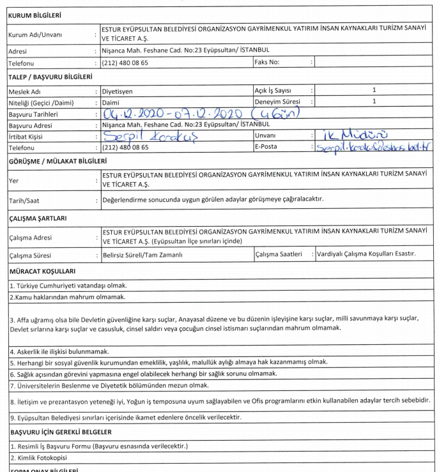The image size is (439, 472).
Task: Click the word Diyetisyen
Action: [119, 91]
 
